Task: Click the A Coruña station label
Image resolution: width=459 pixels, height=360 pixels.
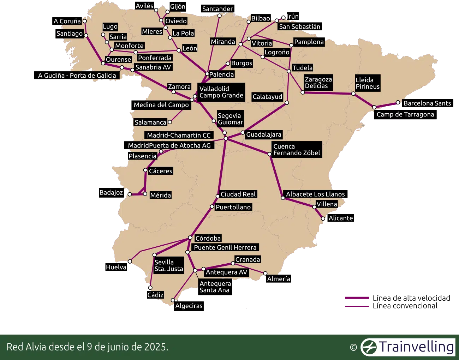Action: pyautogui.click(x=67, y=21)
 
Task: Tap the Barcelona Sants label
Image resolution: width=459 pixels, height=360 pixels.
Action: pyautogui.click(x=427, y=103)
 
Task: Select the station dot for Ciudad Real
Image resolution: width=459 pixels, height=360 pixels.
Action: pyautogui.click(x=218, y=196)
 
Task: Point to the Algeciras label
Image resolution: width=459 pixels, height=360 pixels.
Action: pyautogui.click(x=189, y=306)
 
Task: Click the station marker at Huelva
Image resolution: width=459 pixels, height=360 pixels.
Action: pyautogui.click(x=130, y=262)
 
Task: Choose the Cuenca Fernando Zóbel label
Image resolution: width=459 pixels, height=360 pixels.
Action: pyautogui.click(x=297, y=150)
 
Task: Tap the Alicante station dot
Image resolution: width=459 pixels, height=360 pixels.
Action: pyautogui.click(x=323, y=219)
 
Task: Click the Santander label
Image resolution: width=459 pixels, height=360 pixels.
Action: pyautogui.click(x=217, y=9)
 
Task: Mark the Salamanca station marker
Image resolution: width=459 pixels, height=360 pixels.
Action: pyautogui.click(x=170, y=122)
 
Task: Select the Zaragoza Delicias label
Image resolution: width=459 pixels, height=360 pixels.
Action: pyautogui.click(x=318, y=83)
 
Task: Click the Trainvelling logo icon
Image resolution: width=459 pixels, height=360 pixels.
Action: pyautogui.click(x=369, y=347)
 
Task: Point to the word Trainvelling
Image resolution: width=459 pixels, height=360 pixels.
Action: pyautogui.click(x=417, y=347)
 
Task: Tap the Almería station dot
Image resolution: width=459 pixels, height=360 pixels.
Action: pyautogui.click(x=265, y=273)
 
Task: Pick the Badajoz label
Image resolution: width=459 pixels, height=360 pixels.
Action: pyautogui.click(x=111, y=193)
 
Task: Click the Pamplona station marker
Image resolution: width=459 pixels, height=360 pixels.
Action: pyautogui.click(x=291, y=45)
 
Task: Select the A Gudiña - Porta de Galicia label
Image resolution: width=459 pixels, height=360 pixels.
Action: pyautogui.click(x=77, y=76)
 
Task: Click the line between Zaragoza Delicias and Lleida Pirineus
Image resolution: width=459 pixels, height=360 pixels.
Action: pyautogui.click(x=328, y=93)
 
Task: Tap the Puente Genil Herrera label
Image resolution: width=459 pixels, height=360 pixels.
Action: pyautogui.click(x=225, y=247)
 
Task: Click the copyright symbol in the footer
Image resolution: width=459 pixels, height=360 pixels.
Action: pyautogui.click(x=353, y=347)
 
